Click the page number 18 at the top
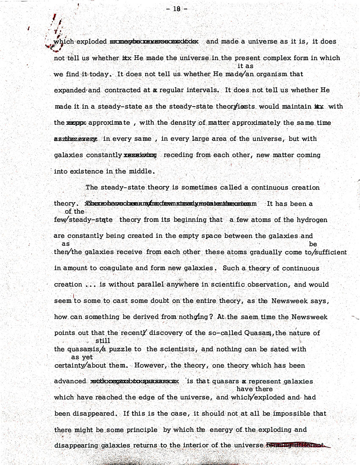174,8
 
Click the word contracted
123,91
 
